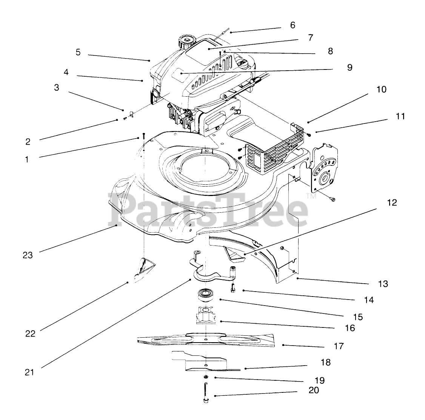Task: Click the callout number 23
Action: [x=28, y=255]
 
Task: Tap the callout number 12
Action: [x=392, y=202]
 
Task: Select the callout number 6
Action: [x=293, y=25]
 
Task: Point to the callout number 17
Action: [x=339, y=346]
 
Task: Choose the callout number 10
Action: [x=381, y=90]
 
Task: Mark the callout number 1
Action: [x=27, y=159]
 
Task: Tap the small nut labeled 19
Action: [x=206, y=377]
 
